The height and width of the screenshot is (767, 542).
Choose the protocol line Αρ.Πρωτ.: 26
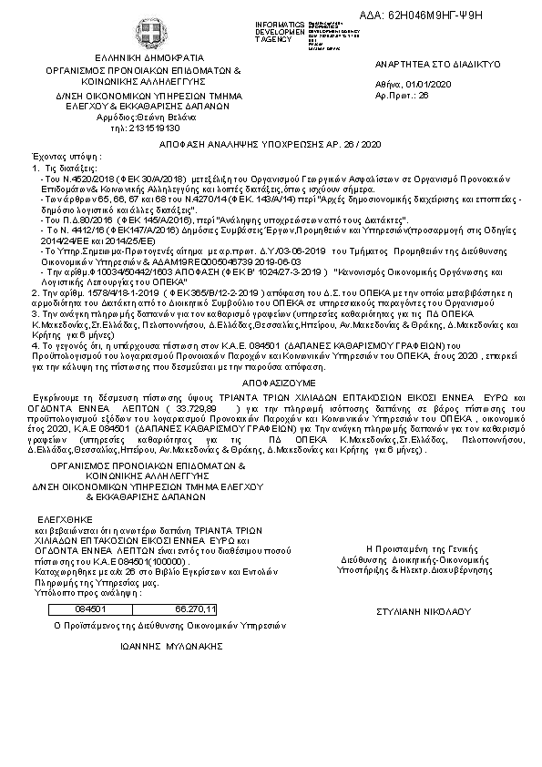(x=402, y=95)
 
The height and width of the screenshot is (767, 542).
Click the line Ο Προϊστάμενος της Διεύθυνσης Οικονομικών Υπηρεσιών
(x=169, y=626)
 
